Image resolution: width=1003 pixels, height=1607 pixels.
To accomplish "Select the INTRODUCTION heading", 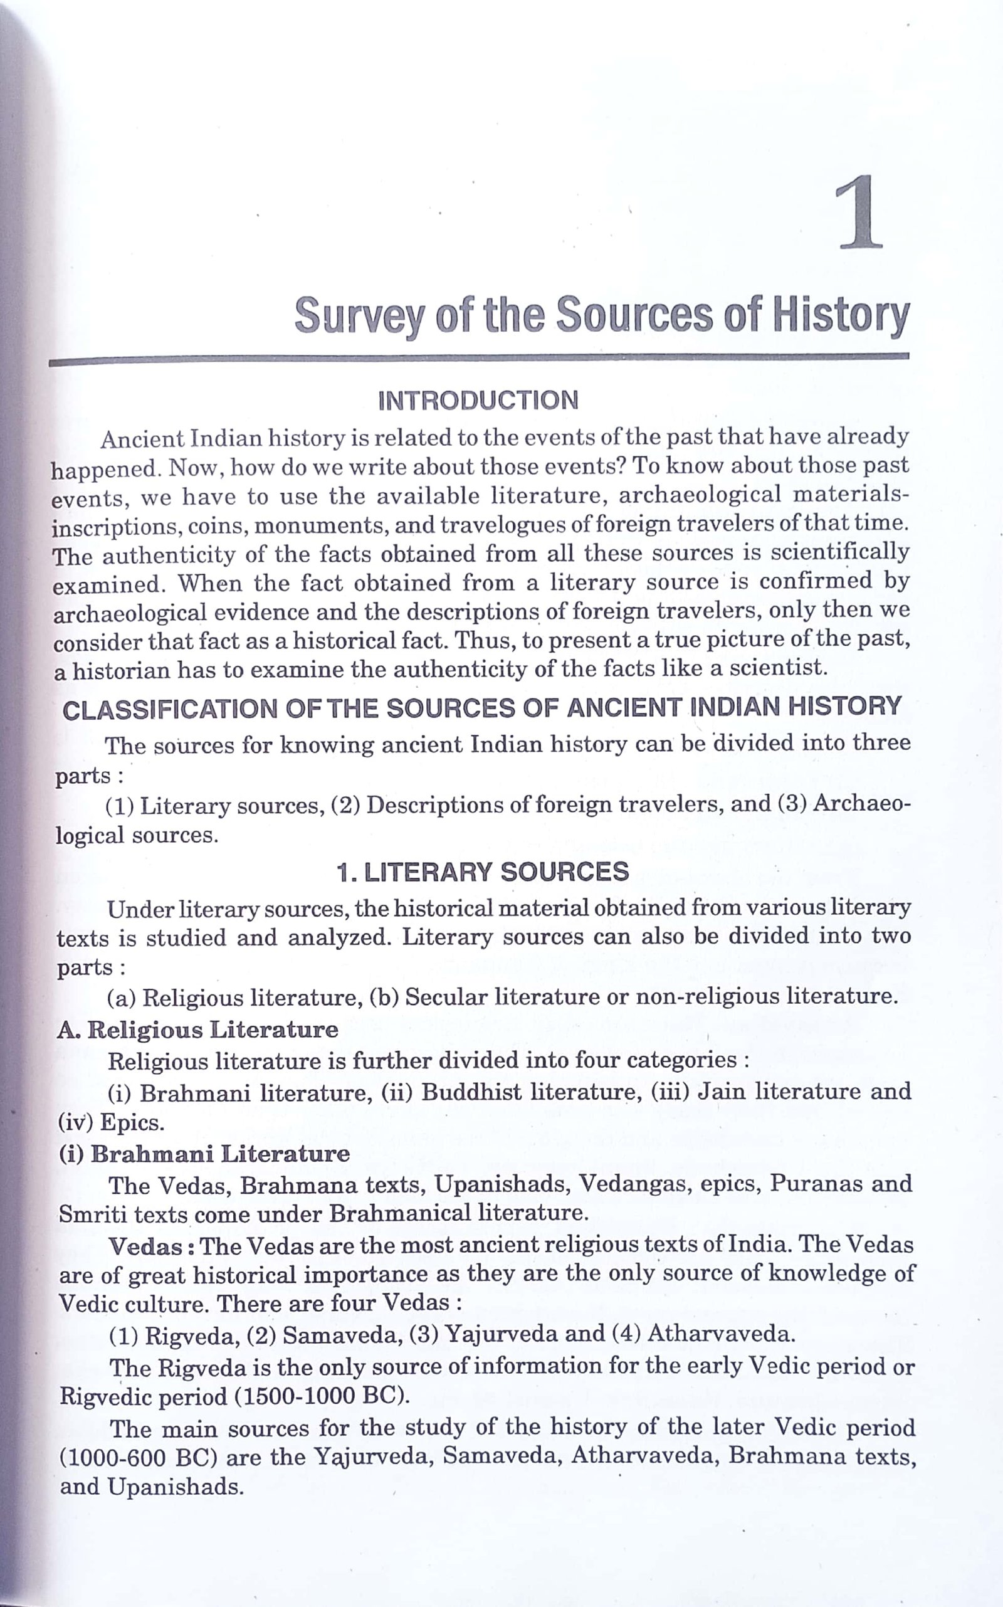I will (x=478, y=401).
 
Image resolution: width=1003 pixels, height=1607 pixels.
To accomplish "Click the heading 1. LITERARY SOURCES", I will (x=483, y=872).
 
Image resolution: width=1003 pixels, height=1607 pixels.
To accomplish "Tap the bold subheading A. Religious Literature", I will (x=197, y=1030).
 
